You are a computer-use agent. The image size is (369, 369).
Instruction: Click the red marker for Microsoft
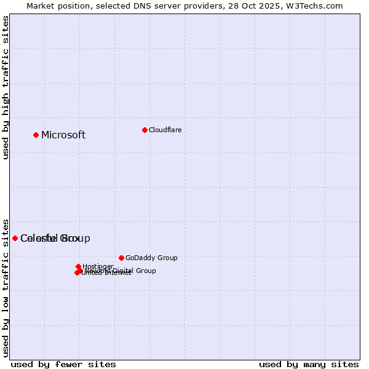36,135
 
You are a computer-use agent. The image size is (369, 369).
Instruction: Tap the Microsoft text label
63,135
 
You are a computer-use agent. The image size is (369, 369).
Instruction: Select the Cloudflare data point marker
145,130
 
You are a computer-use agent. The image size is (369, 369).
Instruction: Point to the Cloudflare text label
165,130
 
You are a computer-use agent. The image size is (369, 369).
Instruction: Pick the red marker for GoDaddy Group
121,258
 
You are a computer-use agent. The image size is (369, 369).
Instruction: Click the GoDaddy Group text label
151,258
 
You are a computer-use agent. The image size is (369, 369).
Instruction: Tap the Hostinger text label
98,266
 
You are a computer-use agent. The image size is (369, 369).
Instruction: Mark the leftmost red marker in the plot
15,238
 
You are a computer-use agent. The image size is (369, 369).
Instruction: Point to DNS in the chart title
142,6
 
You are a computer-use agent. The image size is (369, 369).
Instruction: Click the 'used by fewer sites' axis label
63,364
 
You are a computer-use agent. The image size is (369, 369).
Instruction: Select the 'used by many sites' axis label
309,364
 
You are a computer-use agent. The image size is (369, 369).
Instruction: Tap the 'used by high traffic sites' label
6,87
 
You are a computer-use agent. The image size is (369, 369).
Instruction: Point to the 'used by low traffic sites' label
6,287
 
